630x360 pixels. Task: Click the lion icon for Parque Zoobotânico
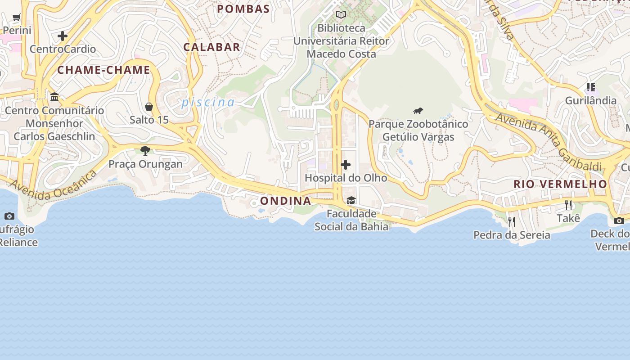(418, 111)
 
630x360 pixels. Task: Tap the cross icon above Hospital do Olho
(346, 165)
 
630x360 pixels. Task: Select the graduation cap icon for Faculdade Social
(351, 200)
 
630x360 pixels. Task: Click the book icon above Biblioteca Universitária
(341, 15)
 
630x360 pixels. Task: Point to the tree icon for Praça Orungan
(145, 151)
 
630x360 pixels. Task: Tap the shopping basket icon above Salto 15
(149, 107)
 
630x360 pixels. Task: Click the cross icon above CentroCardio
(63, 36)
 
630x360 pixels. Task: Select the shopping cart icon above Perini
(17, 18)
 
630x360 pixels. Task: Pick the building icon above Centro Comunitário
(54, 97)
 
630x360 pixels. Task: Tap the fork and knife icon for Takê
(568, 205)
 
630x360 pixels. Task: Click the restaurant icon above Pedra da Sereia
(512, 221)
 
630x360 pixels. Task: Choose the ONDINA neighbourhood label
(286, 201)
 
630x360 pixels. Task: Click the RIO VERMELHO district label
(560, 184)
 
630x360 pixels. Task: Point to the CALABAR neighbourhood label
(211, 47)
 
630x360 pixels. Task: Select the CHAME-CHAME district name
(103, 70)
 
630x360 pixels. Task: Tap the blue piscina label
(208, 103)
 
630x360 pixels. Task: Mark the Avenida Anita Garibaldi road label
(549, 142)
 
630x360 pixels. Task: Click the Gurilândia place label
(590, 100)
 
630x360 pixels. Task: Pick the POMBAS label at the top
(243, 9)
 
